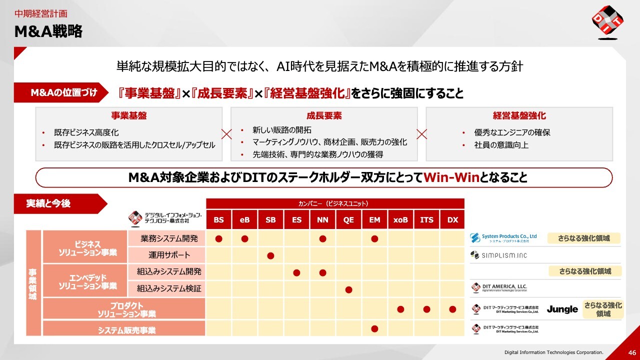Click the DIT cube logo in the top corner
607,21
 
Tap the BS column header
218,219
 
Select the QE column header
348,219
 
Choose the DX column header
452,219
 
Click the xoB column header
400,219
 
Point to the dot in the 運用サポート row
270,255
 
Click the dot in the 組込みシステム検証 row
348,289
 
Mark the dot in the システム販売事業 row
374,329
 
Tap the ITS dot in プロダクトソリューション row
426,309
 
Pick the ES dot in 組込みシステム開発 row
296,272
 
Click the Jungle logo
562,309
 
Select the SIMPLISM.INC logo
498,255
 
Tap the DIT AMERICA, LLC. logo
499,287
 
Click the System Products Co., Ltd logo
503,238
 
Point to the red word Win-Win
451,177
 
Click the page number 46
632,352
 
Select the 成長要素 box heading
324,115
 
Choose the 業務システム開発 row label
169,238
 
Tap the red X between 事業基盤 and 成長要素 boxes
226,134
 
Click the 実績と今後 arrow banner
60,203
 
